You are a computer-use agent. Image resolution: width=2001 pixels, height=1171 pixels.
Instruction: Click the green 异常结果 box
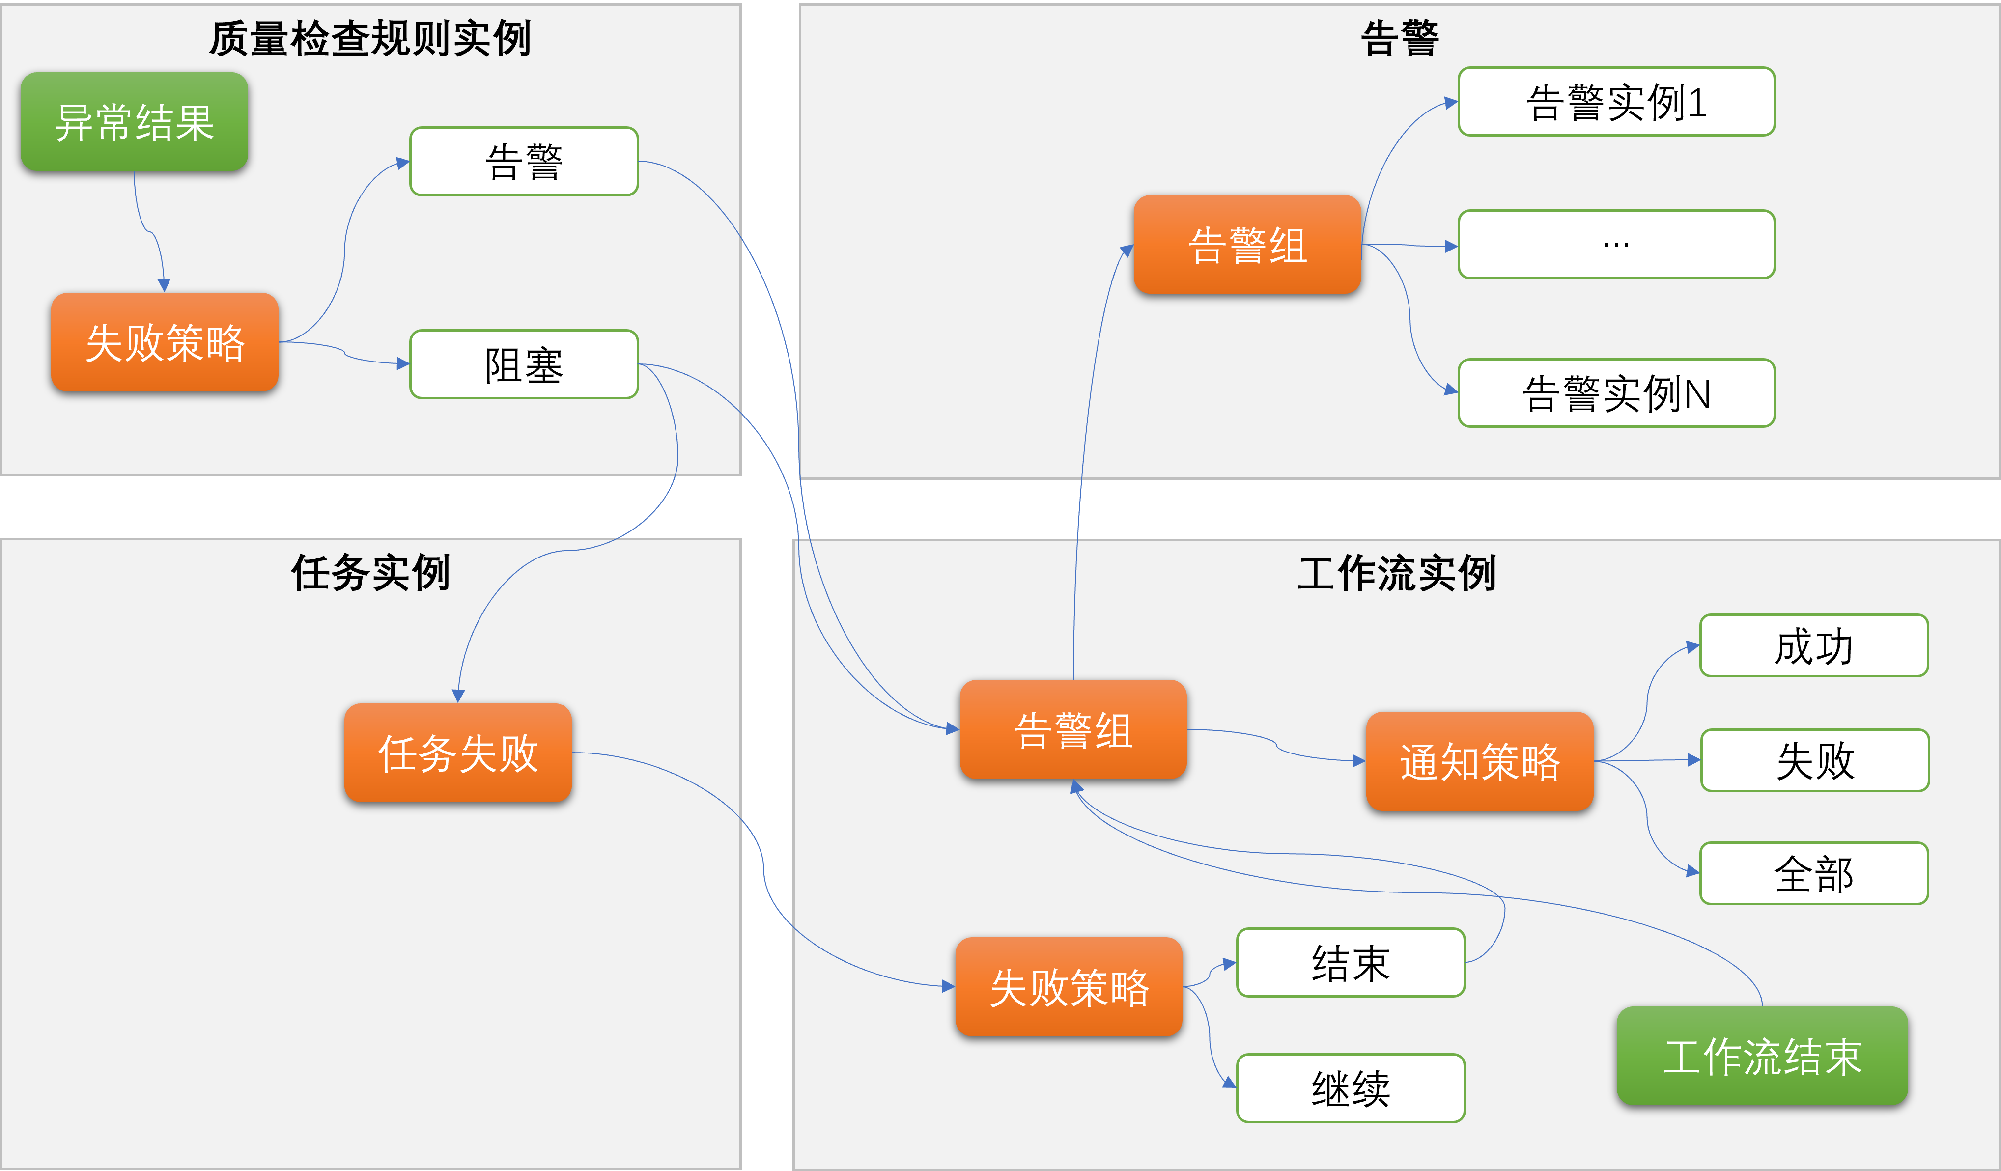pos(134,121)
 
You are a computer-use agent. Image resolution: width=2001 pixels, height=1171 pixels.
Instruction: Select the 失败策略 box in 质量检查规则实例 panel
pos(165,342)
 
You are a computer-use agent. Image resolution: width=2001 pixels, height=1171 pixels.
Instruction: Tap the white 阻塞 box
pos(524,364)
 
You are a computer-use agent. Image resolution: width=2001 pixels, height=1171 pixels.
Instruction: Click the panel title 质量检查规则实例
pos(370,38)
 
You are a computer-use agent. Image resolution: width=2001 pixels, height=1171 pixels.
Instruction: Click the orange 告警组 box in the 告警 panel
pos(1247,245)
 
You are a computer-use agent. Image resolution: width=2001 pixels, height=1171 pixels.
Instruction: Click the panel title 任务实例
pos(370,572)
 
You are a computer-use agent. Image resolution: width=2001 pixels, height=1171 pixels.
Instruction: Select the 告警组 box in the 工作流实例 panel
pos(1073,729)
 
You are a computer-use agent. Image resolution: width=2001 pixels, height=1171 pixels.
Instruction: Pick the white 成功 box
pos(1814,645)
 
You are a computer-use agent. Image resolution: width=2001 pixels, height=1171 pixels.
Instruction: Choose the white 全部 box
pos(1814,873)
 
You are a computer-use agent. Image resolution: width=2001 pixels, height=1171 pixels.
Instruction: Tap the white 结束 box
pos(1350,962)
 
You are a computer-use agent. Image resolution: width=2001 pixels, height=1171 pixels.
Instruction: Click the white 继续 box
pos(1350,1087)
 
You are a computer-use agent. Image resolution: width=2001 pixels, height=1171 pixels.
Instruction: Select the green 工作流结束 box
pos(1762,1056)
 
